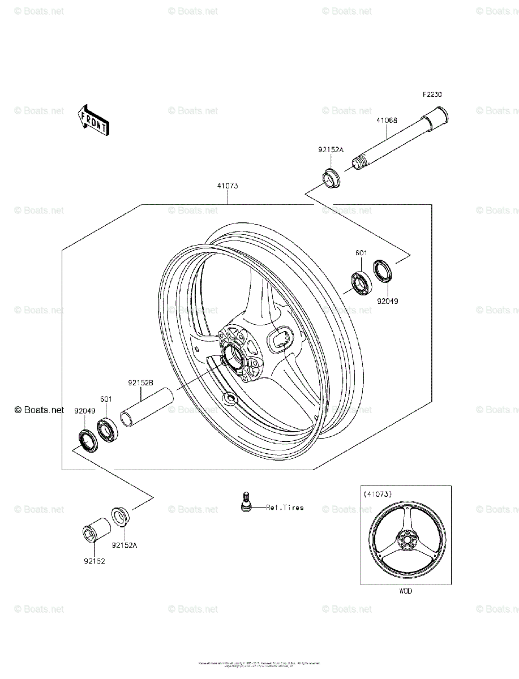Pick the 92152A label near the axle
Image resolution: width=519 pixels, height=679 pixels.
tap(331, 150)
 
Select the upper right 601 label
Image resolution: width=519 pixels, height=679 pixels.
tap(361, 253)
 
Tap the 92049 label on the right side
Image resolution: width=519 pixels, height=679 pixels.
tap(388, 301)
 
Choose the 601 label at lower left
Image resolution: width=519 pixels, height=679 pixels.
tap(106, 399)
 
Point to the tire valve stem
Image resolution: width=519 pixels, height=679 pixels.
tap(246, 501)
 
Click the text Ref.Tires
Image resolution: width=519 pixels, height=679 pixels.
tap(285, 507)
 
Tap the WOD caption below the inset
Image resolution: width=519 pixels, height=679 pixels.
tap(405, 591)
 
